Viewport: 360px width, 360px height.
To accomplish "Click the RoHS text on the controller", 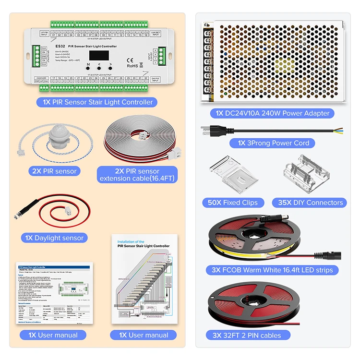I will [132, 66].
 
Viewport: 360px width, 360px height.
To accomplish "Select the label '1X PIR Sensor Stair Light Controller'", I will [97, 102].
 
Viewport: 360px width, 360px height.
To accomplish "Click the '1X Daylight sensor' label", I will [55, 238].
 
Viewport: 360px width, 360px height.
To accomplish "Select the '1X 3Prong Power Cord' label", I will [273, 143].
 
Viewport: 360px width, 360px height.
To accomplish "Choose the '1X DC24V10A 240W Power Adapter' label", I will [272, 113].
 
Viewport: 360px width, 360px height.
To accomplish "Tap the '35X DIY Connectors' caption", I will [310, 203].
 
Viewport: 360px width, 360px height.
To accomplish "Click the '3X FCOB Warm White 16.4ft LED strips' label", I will [272, 270].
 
